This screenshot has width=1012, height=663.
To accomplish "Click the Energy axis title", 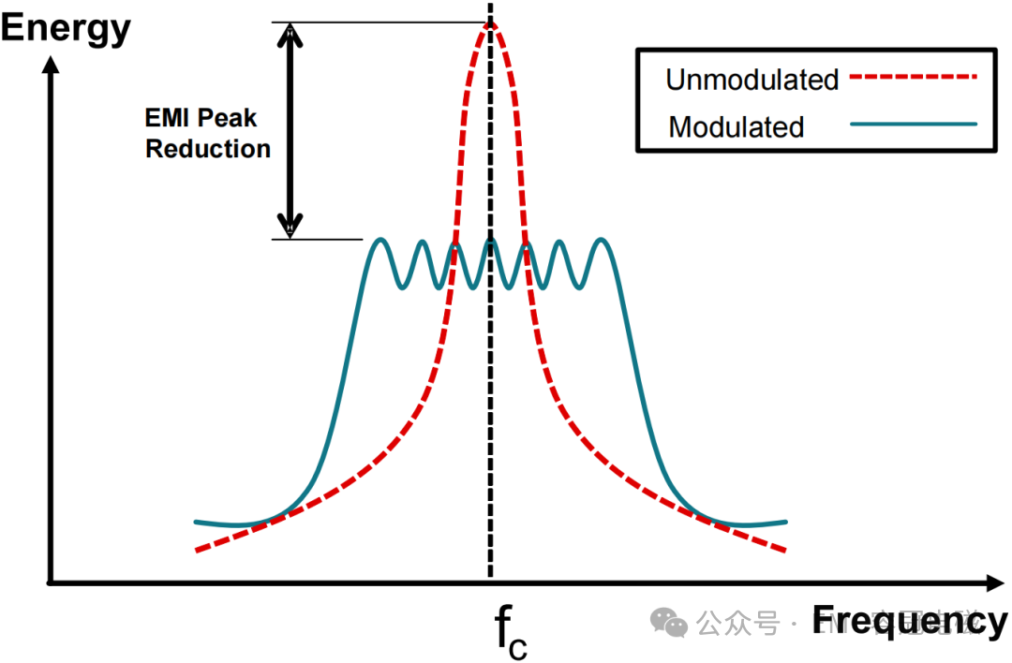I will click(x=66, y=28).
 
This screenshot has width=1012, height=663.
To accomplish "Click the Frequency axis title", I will click(x=909, y=620).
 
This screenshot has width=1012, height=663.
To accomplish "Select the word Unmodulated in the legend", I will click(x=752, y=80).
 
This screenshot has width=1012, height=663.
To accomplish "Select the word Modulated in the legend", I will click(x=736, y=126).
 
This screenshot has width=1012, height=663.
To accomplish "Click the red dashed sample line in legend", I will click(x=913, y=79).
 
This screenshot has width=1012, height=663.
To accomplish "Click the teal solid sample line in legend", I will click(x=913, y=124).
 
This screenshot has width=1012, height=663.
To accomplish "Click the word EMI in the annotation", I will click(x=169, y=119).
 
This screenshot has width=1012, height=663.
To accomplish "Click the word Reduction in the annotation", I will click(x=208, y=149).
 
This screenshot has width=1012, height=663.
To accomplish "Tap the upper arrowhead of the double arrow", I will click(x=291, y=35).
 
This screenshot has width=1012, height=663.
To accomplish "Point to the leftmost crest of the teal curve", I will click(x=379, y=241).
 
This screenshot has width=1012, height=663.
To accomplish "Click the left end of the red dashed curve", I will click(x=198, y=551).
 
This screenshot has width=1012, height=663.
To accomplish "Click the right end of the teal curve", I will click(x=784, y=522).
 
